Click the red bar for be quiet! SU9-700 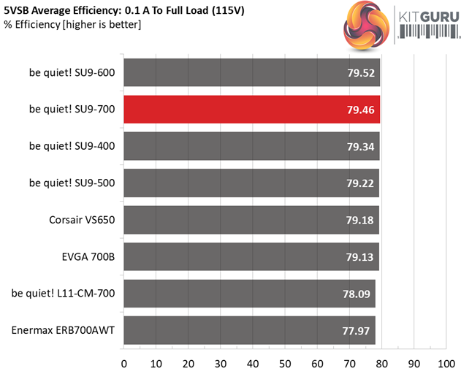click(x=251, y=110)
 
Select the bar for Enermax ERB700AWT click(x=249, y=330)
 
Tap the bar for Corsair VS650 click(x=251, y=220)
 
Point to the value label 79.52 click(x=358, y=73)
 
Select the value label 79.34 click(x=358, y=146)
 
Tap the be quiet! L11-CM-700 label click(x=64, y=293)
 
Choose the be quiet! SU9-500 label click(x=72, y=183)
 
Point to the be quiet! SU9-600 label click(x=72, y=72)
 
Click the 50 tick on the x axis click(x=284, y=362)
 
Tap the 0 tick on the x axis click(x=123, y=362)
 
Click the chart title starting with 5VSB click(x=139, y=10)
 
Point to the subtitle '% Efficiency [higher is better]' click(x=72, y=24)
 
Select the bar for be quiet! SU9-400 click(x=251, y=146)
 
